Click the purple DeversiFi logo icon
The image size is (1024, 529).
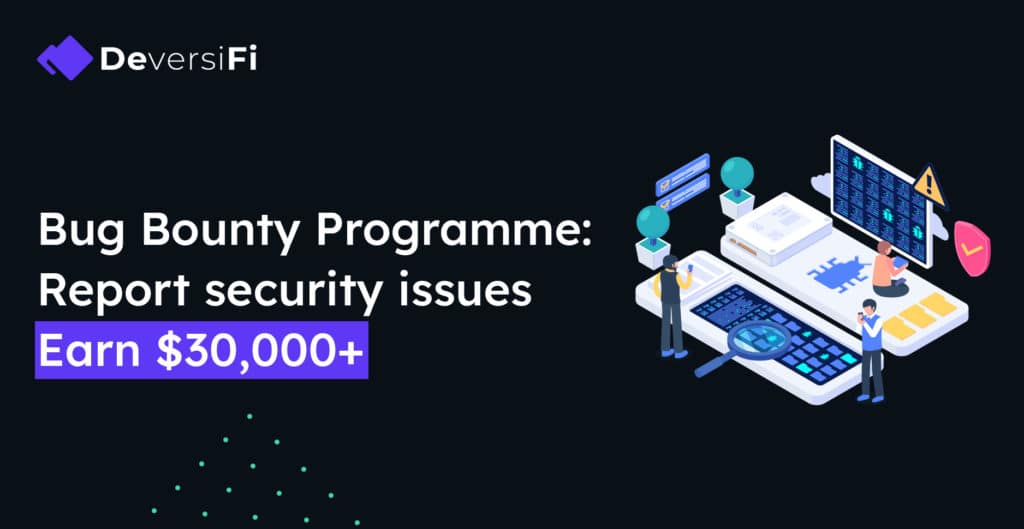tap(65, 58)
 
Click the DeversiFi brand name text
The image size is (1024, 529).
tap(178, 59)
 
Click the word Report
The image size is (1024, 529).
tap(114, 291)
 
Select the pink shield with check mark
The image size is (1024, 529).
tap(972, 248)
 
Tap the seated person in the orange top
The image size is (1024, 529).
tap(889, 268)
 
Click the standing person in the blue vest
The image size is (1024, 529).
tap(871, 349)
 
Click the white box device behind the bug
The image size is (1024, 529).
tap(776, 228)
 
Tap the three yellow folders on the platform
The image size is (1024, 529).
tap(920, 315)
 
